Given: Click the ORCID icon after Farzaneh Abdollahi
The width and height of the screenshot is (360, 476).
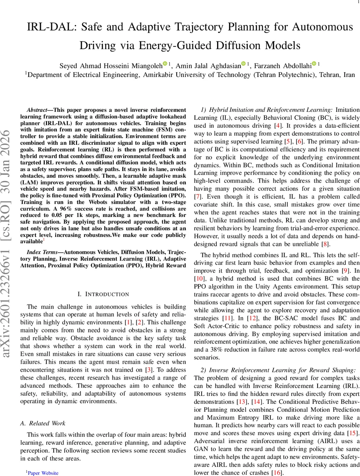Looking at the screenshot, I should [314, 64].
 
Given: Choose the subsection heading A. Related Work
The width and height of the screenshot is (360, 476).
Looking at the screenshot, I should [43, 423].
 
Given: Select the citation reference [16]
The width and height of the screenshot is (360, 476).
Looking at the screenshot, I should [277, 472].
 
